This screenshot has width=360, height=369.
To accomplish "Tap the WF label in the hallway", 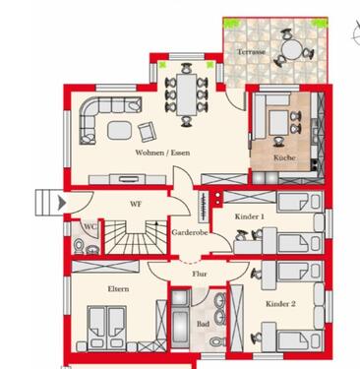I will tap(124, 204).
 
